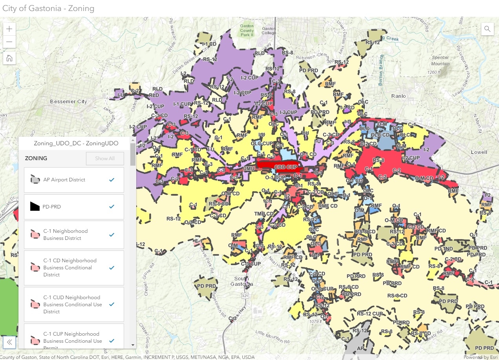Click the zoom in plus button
point(9,29)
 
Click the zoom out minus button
point(9,42)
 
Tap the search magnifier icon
point(487,29)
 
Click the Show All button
point(105,159)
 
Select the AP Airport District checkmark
point(111,180)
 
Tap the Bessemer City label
point(68,102)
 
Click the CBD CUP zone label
point(286,167)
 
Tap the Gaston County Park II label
point(247,30)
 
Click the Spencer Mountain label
point(440,60)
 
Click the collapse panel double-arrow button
point(9,342)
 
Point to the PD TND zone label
point(444,249)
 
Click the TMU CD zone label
point(263,214)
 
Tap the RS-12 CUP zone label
point(370,314)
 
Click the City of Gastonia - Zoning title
point(48,8)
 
